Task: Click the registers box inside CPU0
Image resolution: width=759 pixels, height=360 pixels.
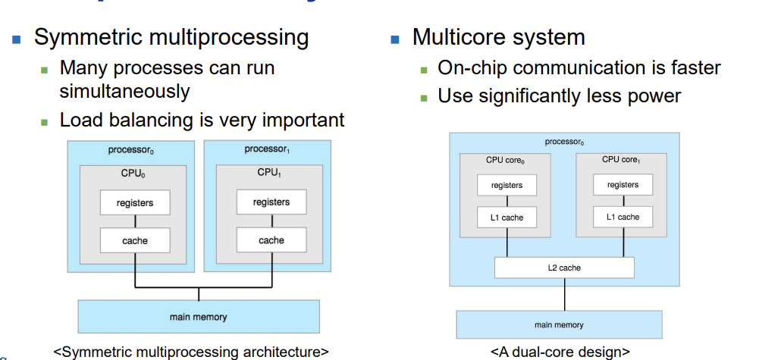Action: pos(135,203)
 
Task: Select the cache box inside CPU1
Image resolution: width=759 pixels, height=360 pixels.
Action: pos(271,240)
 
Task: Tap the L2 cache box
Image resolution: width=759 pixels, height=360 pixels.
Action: pos(564,268)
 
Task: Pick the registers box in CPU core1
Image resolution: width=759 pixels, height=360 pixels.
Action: pos(623,185)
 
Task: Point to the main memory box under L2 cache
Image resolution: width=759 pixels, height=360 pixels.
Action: pos(559,324)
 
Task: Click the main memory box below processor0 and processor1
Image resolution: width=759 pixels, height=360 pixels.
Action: pos(198,317)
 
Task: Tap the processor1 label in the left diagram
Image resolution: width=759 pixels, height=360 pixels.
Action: pos(267,149)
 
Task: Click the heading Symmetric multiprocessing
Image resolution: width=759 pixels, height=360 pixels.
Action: pos(171,38)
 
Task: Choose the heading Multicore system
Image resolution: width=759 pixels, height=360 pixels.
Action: pos(498,37)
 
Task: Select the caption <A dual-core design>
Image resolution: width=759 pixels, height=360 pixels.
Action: pos(560,352)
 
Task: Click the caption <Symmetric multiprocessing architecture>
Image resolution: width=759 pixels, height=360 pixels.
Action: pos(191,352)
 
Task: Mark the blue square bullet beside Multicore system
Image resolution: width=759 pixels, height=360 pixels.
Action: pos(394,39)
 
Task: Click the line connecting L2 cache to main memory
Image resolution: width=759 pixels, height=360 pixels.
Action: pos(564,294)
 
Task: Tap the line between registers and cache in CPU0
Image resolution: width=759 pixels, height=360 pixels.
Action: pos(135,221)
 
